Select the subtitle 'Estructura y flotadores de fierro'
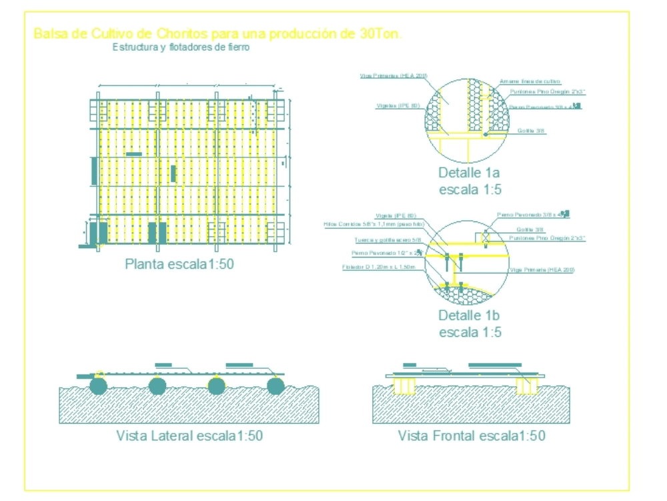coord(181,47)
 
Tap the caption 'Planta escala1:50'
coord(179,264)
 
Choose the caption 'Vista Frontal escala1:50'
coord(472,436)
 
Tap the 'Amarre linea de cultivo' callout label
coord(530,81)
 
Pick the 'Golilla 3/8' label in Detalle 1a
coord(532,131)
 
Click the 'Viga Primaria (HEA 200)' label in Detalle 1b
coord(542,270)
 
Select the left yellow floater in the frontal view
coord(406,386)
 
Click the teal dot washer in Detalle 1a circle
coord(486,134)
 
